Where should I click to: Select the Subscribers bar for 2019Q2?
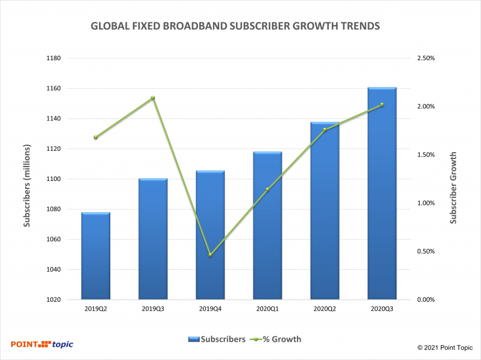tap(96, 257)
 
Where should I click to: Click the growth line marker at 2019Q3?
tap(153, 98)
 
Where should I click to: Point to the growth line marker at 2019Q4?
tap(210, 255)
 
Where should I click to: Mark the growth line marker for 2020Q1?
tap(267, 189)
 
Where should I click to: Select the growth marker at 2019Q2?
tap(96, 137)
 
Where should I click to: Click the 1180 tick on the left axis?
tap(52, 58)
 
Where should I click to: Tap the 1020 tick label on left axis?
tap(52, 300)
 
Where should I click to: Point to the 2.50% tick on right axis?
tap(425, 58)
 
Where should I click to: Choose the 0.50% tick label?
tap(425, 252)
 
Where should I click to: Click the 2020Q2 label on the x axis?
tap(324, 309)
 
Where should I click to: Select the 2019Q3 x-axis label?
tap(153, 309)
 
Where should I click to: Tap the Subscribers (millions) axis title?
tap(27, 180)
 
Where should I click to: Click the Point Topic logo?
tap(42, 344)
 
